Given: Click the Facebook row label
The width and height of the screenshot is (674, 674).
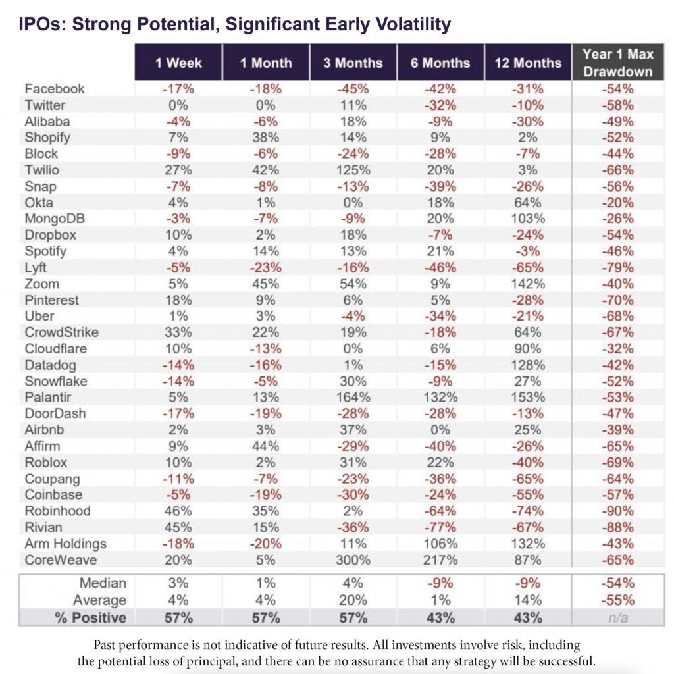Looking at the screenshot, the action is (x=55, y=89).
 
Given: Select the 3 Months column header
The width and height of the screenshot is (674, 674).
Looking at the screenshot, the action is (x=353, y=63).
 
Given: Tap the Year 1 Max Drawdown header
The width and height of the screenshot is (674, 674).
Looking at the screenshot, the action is (x=617, y=63).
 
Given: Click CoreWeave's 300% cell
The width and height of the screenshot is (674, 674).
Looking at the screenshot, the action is (x=353, y=560).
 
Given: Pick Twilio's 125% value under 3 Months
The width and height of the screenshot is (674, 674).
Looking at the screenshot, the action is (x=353, y=170).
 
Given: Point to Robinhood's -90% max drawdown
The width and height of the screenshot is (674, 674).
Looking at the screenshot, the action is (x=617, y=511).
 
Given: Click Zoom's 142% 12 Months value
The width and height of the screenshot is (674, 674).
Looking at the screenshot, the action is (x=528, y=284).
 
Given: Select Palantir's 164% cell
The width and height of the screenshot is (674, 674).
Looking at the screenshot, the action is (x=353, y=397).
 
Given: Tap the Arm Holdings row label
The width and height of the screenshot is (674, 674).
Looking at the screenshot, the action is (x=65, y=544).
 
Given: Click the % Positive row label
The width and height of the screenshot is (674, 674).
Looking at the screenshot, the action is (x=91, y=617).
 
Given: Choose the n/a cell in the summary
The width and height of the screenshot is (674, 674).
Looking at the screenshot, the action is (x=617, y=618).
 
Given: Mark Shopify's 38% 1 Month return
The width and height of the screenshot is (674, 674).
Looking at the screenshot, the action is (x=266, y=138).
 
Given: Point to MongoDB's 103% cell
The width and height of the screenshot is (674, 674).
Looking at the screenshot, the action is (x=528, y=219).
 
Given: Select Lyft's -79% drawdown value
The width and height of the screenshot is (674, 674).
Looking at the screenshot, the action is (x=617, y=268).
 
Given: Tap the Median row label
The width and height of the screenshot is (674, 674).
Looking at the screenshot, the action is (x=103, y=583).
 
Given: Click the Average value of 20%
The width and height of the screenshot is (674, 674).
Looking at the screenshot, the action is (x=353, y=600).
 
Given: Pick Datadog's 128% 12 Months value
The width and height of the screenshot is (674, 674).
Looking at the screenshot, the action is (x=528, y=365).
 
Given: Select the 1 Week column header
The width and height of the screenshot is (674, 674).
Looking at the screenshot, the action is (x=178, y=63).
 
